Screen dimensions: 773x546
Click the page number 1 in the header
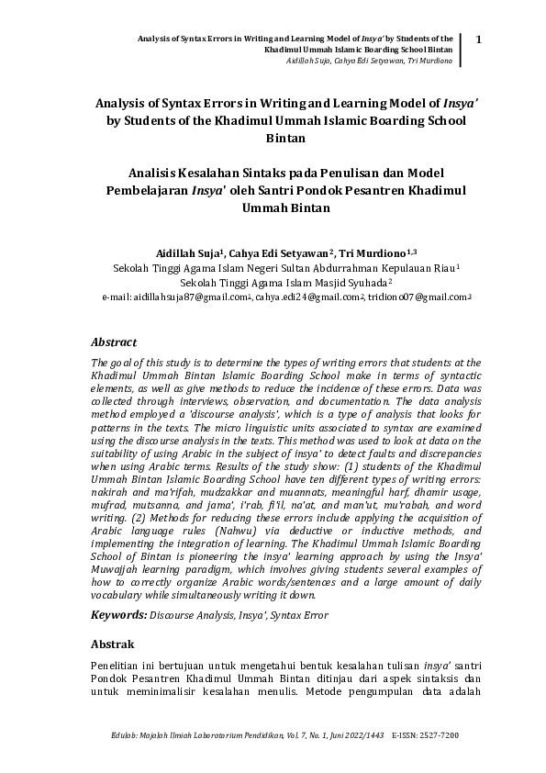coord(479,38)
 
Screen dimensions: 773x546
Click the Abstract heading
coord(117,341)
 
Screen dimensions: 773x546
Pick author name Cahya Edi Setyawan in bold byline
coord(282,252)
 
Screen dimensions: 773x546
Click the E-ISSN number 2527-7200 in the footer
coord(438,735)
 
